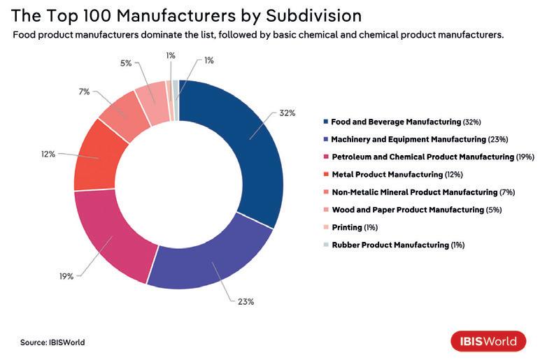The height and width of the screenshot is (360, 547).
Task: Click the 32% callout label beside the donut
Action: tap(288, 113)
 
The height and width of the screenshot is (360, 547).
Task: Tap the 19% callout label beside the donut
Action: tap(66, 276)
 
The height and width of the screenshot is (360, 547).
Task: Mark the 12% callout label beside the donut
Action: tap(48, 154)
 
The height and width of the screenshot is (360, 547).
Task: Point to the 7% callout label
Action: tap(85, 92)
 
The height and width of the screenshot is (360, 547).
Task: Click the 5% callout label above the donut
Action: tap(126, 63)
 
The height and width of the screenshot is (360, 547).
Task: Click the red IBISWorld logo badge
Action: tap(488, 341)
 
